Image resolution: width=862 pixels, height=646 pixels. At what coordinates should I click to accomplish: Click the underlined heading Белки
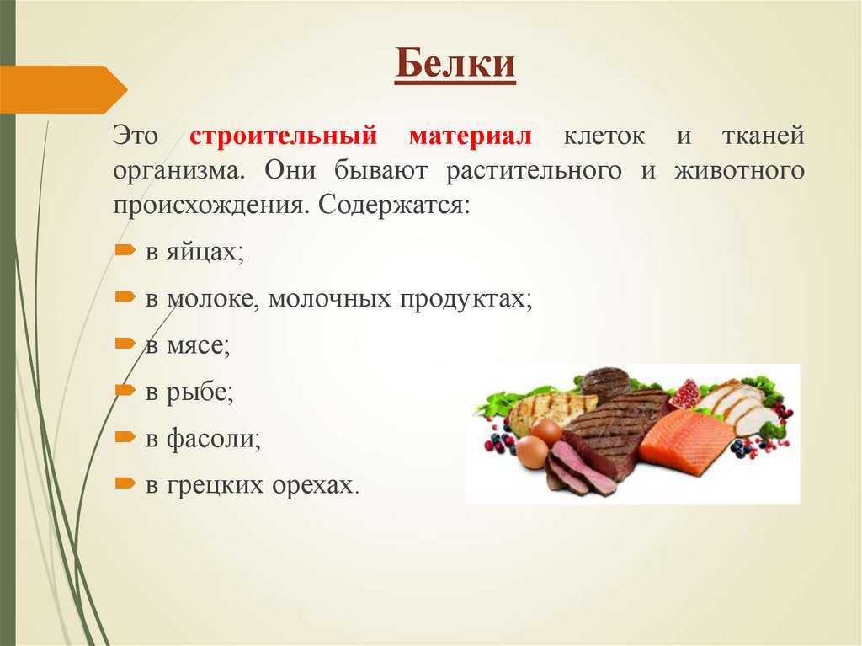(455, 65)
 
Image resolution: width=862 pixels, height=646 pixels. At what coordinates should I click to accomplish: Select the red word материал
(471, 136)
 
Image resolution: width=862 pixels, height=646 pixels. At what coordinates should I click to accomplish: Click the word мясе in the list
(197, 344)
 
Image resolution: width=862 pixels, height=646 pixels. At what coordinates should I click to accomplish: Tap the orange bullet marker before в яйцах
(125, 251)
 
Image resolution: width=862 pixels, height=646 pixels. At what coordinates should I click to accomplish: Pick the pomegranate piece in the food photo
(685, 393)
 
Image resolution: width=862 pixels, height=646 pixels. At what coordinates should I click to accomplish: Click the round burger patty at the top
(605, 383)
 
